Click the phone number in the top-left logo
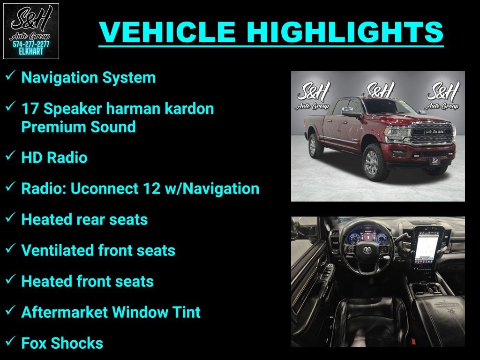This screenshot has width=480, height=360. click(31, 44)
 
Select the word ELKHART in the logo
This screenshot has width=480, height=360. click(31, 52)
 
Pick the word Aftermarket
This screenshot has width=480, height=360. click(60, 312)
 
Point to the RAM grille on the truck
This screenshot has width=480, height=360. click(432, 133)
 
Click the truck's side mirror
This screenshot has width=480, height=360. click(350, 112)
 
